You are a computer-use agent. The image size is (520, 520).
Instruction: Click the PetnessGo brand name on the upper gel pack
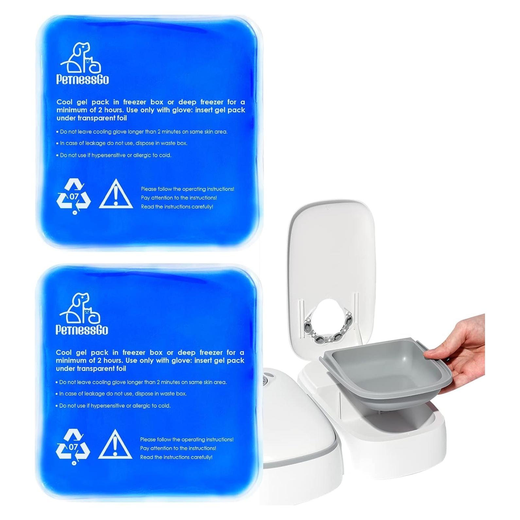pyautogui.click(x=82, y=79)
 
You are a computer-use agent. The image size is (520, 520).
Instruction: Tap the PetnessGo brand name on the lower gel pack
pyautogui.click(x=82, y=330)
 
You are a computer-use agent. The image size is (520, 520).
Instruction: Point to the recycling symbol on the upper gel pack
pyautogui.click(x=74, y=196)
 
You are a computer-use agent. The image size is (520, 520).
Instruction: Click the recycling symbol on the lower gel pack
pyautogui.click(x=73, y=446)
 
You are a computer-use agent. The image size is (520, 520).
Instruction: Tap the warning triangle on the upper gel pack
pyautogui.click(x=116, y=195)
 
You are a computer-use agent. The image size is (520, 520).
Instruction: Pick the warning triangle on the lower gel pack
pyautogui.click(x=115, y=445)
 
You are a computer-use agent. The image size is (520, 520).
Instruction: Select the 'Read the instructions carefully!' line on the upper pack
pyautogui.click(x=177, y=207)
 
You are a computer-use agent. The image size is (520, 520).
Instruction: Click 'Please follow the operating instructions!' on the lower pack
pyautogui.click(x=187, y=440)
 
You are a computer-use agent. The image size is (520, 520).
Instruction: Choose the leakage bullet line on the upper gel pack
pyautogui.click(x=124, y=143)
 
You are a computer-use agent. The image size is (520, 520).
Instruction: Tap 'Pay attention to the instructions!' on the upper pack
pyautogui.click(x=179, y=198)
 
